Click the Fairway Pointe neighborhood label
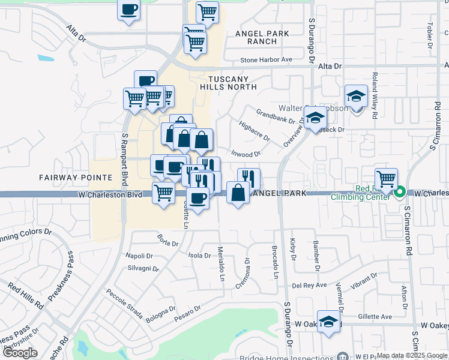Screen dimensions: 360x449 [x=76, y=178]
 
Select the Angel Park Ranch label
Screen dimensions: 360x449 [x=262, y=37]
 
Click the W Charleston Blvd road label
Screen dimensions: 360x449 [x=113, y=195]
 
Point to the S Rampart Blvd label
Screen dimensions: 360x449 [x=125, y=154]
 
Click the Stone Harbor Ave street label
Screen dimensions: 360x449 [x=266, y=60]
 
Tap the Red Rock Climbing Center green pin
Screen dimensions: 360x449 [x=400, y=193]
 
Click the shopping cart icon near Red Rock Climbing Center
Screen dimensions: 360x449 [x=386, y=178]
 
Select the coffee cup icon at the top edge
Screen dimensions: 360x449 [x=129, y=10]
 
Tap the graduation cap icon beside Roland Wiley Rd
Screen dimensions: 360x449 [x=356, y=95]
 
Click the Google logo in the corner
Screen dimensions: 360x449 [x=20, y=353]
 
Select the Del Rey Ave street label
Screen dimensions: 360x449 [x=309, y=285]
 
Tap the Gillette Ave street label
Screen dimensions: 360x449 [x=375, y=317]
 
